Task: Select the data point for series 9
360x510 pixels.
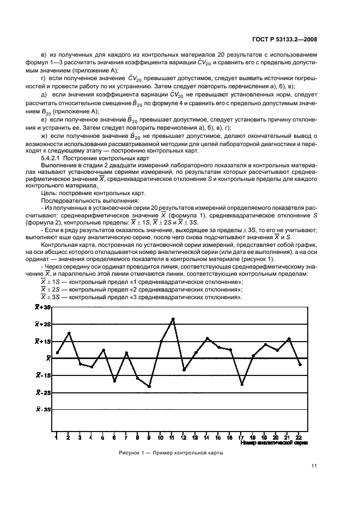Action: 149,386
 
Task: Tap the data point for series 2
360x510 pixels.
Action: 69,333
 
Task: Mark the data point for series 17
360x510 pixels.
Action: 242,384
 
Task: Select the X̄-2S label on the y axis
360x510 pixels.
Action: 43,392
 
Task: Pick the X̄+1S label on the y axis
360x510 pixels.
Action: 43,341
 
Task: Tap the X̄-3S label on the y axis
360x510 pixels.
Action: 43,409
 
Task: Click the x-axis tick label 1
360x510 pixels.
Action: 57,437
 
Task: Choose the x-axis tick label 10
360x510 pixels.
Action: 161,437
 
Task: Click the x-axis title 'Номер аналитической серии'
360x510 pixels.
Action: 282,443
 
